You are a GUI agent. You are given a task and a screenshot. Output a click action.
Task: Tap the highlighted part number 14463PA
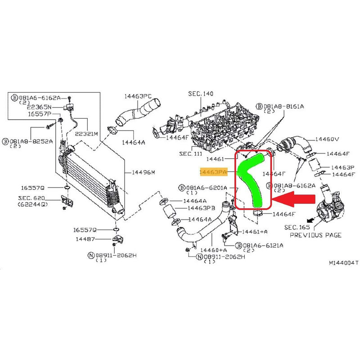213,172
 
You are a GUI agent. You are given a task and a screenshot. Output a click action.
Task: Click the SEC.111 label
192,153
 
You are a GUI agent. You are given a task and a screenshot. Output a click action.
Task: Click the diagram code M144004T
343,262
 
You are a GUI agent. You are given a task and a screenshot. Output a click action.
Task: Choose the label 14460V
327,139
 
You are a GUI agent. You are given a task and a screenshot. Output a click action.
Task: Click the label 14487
85,239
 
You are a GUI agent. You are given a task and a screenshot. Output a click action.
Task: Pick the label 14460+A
213,249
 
